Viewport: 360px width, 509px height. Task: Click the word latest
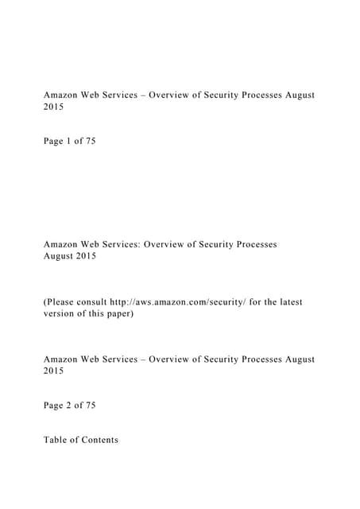287,302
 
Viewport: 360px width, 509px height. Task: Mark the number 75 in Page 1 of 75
91,142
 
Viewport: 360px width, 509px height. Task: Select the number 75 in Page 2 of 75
91,406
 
